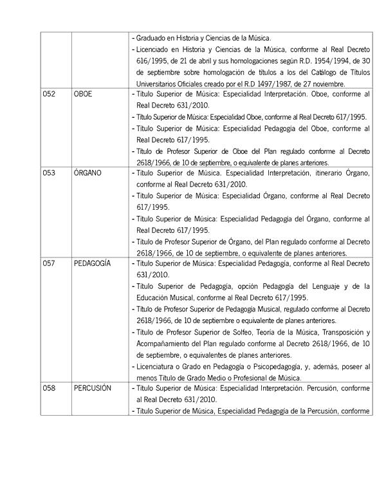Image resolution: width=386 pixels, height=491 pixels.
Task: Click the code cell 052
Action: pyautogui.click(x=49, y=94)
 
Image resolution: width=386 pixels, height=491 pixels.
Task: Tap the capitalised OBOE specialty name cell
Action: pyautogui.click(x=84, y=94)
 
